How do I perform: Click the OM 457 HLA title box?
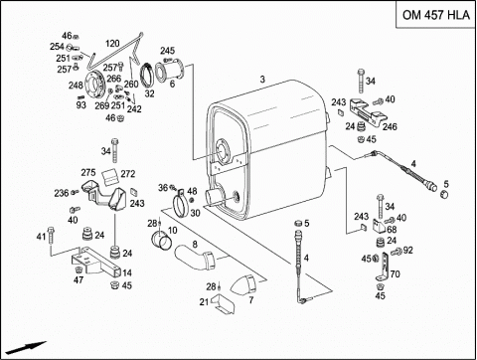(436, 15)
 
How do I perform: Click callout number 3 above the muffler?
(262, 80)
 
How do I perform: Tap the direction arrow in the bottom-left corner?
(26, 347)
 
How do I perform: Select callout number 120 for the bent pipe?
(112, 44)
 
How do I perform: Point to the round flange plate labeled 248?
(95, 85)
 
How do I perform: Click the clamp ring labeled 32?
(147, 76)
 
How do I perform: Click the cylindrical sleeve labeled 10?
(162, 241)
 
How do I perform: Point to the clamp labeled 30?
(181, 204)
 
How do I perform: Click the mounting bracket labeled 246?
(367, 112)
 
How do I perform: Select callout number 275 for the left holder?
(88, 172)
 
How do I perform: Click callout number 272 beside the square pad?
(128, 174)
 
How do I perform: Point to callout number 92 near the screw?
(408, 251)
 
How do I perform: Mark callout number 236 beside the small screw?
(62, 193)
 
